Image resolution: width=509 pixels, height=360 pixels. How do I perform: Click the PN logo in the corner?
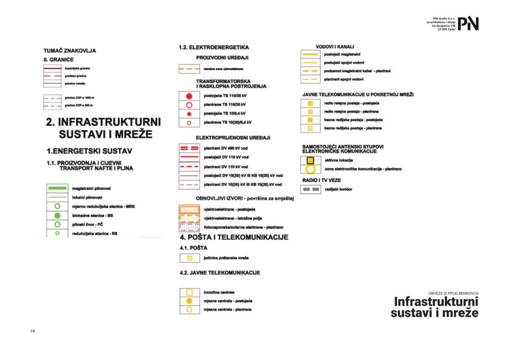pyautogui.click(x=469, y=23)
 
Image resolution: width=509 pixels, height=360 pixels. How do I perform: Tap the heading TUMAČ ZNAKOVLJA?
pyautogui.click(x=70, y=50)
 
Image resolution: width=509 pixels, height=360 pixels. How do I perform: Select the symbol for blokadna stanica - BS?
pyautogui.click(x=56, y=215)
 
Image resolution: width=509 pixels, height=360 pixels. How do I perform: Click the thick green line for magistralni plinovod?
pyautogui.click(x=56, y=188)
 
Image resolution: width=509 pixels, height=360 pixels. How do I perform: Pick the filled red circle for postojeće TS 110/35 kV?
pyautogui.click(x=189, y=95)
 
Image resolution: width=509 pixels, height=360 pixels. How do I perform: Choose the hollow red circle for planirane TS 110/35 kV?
pyautogui.click(x=189, y=104)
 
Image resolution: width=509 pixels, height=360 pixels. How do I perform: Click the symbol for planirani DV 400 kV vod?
pyautogui.click(x=189, y=148)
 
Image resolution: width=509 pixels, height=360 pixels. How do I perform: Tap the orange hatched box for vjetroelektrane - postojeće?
pyautogui.click(x=189, y=209)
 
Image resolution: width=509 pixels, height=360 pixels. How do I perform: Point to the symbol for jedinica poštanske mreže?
pyautogui.click(x=189, y=258)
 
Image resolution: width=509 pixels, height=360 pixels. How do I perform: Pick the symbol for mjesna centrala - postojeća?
pyautogui.click(x=189, y=301)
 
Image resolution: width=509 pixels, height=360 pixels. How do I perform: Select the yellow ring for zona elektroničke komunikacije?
pyautogui.click(x=311, y=169)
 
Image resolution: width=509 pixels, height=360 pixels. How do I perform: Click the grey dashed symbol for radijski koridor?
pyautogui.click(x=311, y=189)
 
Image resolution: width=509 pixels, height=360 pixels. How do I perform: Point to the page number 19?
pyautogui.click(x=33, y=331)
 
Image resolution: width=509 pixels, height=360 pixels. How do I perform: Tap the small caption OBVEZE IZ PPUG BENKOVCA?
pyautogui.click(x=453, y=292)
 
